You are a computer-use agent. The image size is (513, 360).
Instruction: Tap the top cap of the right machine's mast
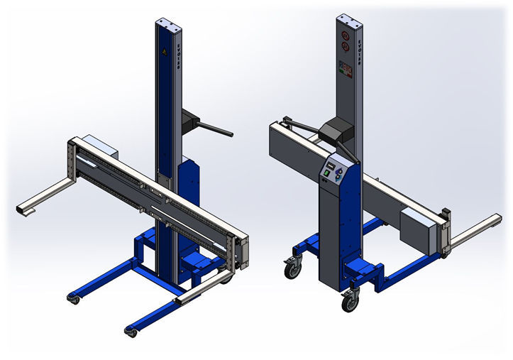coord(349,18)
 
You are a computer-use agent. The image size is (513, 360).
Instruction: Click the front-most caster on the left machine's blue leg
coord(130,330)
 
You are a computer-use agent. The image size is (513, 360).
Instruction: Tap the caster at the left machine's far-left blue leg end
coord(72,299)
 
